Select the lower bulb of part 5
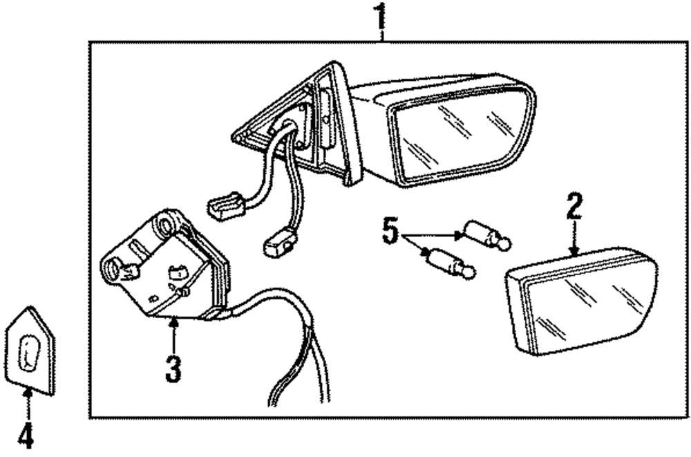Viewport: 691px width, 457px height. point(449,263)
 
